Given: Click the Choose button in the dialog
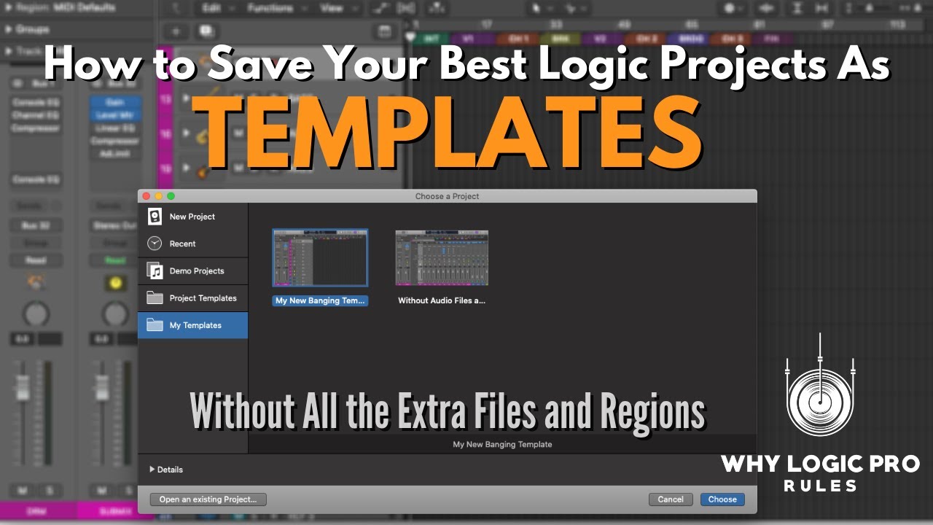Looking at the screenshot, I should point(722,499).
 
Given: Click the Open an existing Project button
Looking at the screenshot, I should point(208,499).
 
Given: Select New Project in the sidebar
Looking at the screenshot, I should point(192,217).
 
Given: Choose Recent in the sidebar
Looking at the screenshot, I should point(182,244).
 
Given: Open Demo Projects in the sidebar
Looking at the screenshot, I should point(197,271).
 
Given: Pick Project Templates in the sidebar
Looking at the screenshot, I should point(203,298).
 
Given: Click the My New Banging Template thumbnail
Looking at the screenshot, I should point(320,257).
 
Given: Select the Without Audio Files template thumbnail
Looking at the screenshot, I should point(442,257).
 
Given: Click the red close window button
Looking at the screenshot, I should point(146,196).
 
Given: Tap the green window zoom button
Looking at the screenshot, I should point(171,196).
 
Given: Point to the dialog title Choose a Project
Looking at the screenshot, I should point(447,196).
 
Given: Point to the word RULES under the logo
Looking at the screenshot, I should point(820,486).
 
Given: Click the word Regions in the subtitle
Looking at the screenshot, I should point(652,412).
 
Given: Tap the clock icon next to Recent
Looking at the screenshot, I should point(155,244).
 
